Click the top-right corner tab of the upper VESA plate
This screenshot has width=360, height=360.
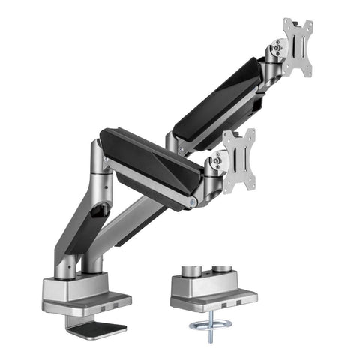[308, 23]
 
